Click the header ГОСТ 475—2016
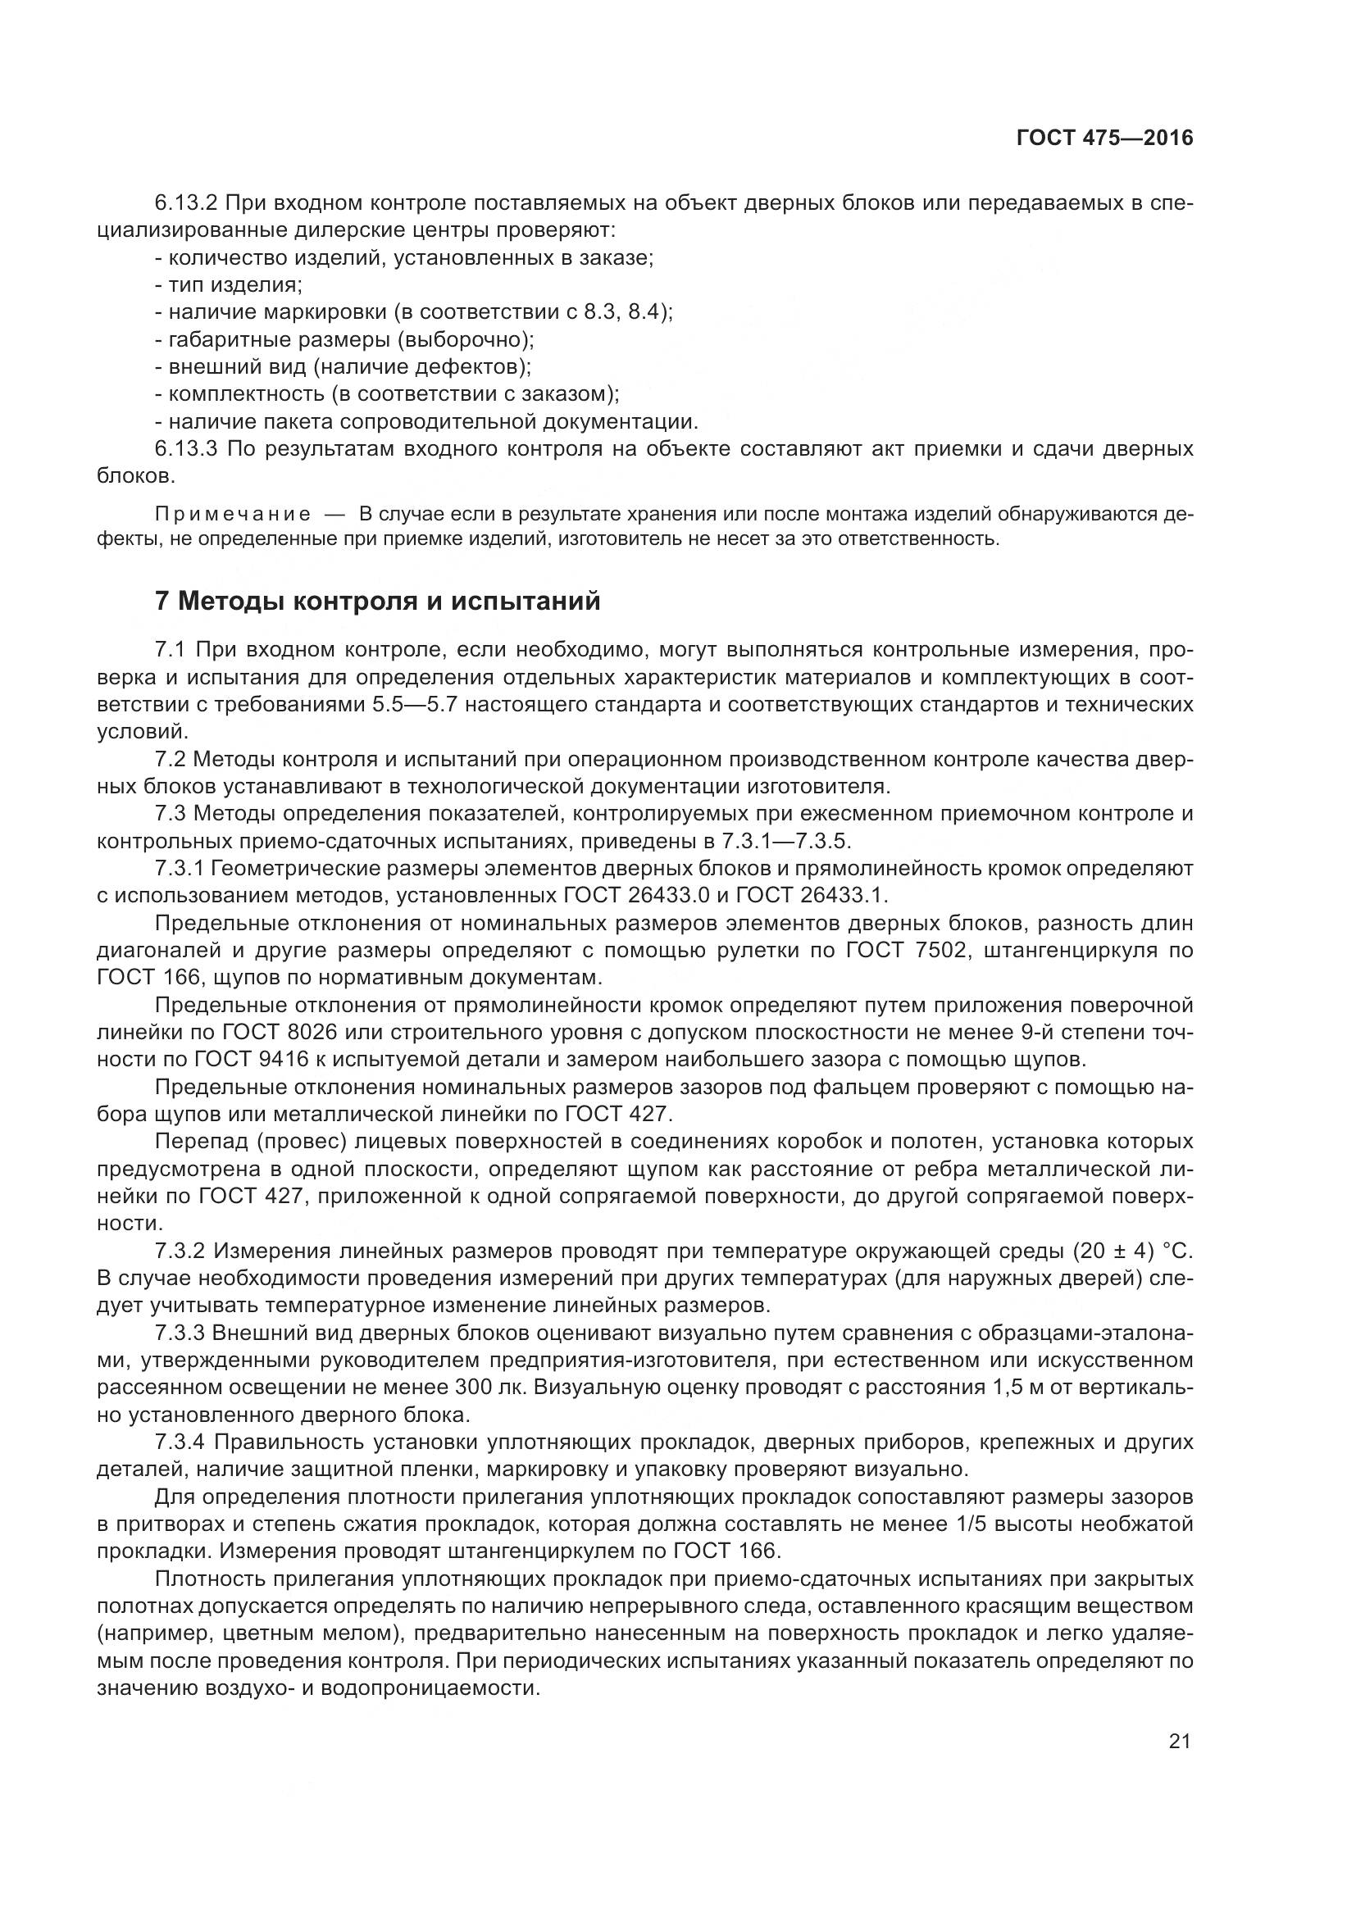click(1103, 139)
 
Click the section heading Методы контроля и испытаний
click(377, 600)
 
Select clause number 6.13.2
click(186, 203)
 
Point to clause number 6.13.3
click(186, 449)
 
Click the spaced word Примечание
click(233, 514)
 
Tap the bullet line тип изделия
click(229, 285)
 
